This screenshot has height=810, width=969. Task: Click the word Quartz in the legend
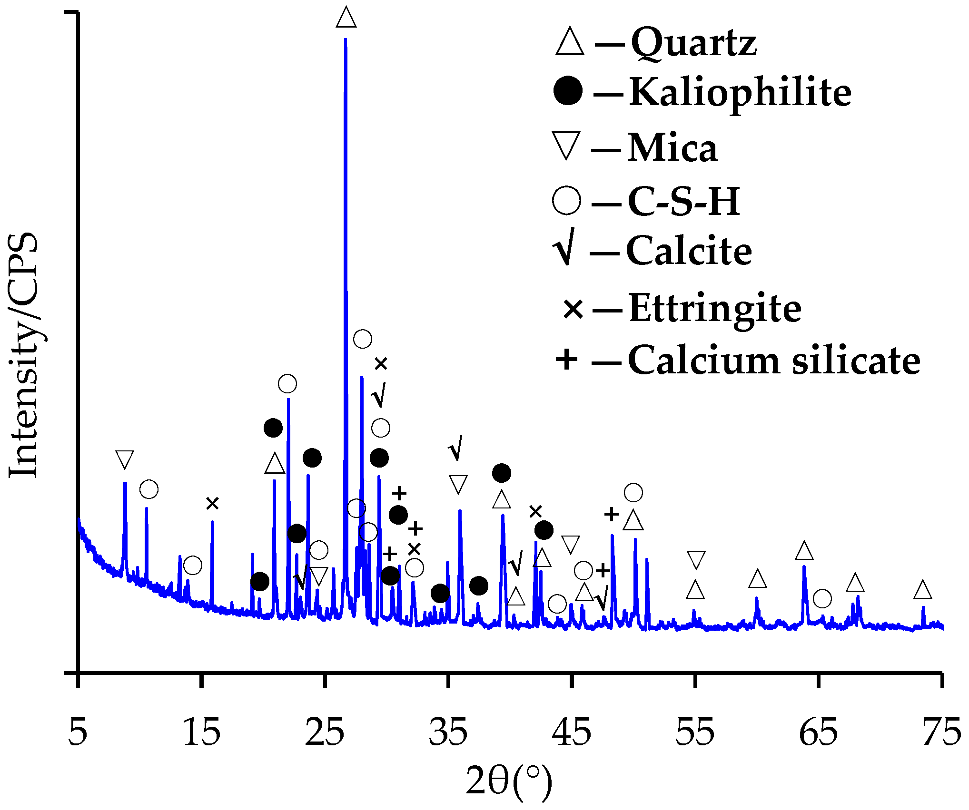click(693, 43)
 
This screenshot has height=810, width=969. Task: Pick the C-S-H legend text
click(683, 201)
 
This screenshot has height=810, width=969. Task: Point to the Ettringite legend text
click(715, 308)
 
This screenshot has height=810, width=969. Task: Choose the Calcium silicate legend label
click(774, 360)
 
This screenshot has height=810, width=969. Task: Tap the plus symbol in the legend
click(566, 359)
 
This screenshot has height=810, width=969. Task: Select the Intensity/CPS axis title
click(24, 355)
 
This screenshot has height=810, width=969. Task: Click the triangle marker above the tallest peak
click(346, 18)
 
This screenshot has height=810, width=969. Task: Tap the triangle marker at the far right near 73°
click(923, 590)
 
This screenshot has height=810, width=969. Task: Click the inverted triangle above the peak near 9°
click(125, 459)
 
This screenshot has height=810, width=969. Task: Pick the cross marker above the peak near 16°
click(212, 503)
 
